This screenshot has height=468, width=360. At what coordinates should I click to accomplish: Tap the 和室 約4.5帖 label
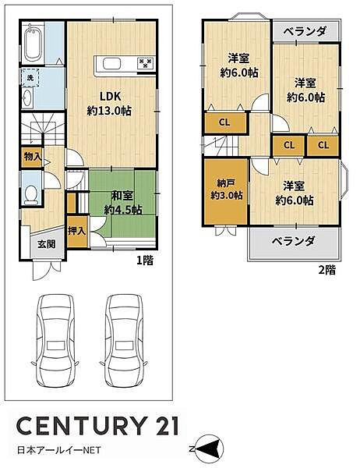[125, 202]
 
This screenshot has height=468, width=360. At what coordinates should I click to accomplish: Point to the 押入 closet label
[76, 232]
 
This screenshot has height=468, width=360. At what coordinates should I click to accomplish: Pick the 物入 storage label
[32, 157]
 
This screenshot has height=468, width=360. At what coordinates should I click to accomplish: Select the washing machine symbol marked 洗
[26, 78]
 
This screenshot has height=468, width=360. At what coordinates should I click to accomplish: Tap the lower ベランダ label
[294, 241]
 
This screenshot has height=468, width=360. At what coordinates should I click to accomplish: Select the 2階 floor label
[327, 270]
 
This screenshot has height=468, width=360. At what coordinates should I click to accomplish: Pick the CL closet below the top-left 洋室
[224, 122]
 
